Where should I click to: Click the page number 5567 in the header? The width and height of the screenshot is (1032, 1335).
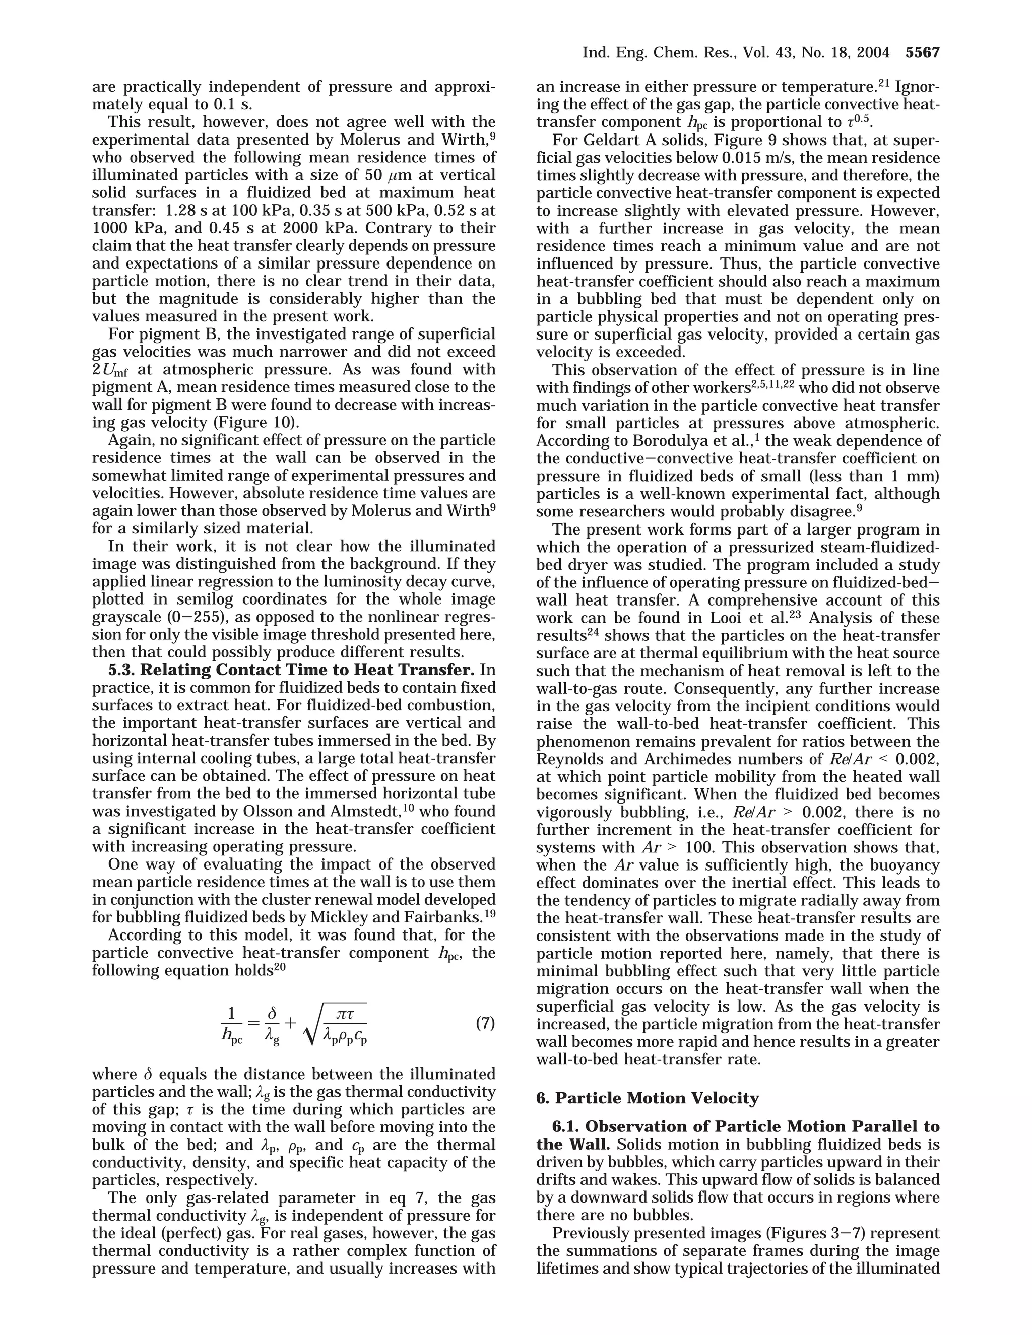click(922, 53)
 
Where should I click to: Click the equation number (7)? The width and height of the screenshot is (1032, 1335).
click(485, 1023)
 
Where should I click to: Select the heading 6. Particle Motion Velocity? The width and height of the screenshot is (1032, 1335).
click(648, 1098)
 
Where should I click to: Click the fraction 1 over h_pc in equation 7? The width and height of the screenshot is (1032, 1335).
click(232, 1023)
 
